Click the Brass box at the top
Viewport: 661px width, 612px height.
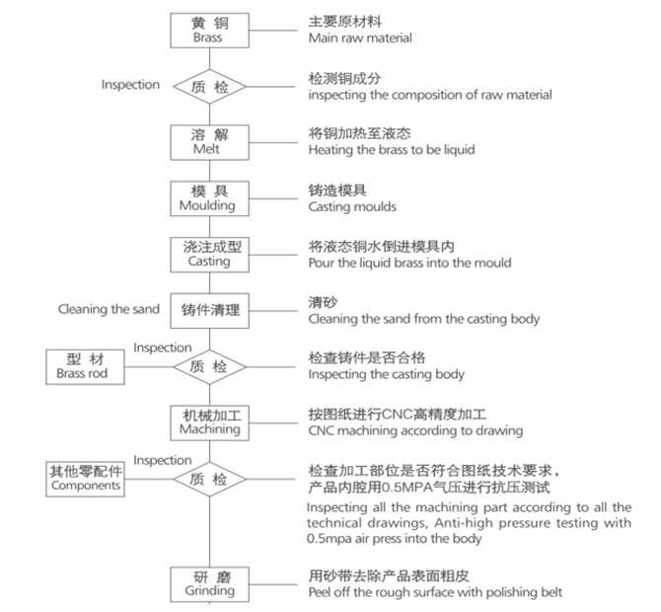207,30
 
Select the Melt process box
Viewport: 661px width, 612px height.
207,141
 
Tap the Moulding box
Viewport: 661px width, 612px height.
207,197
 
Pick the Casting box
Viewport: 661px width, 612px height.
207,254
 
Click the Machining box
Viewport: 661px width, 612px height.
207,421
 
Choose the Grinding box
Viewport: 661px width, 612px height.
207,583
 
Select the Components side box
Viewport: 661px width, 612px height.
86,478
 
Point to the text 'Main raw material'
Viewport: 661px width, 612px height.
360,38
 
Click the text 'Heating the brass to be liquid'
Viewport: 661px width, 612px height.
392,150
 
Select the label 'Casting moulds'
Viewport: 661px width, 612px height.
352,206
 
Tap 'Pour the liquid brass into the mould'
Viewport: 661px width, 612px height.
409,263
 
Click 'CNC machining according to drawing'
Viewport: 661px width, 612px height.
415,430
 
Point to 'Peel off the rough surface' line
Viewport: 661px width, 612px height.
435,591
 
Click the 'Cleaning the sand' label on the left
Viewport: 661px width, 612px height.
109,309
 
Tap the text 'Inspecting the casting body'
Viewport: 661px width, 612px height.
386,375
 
